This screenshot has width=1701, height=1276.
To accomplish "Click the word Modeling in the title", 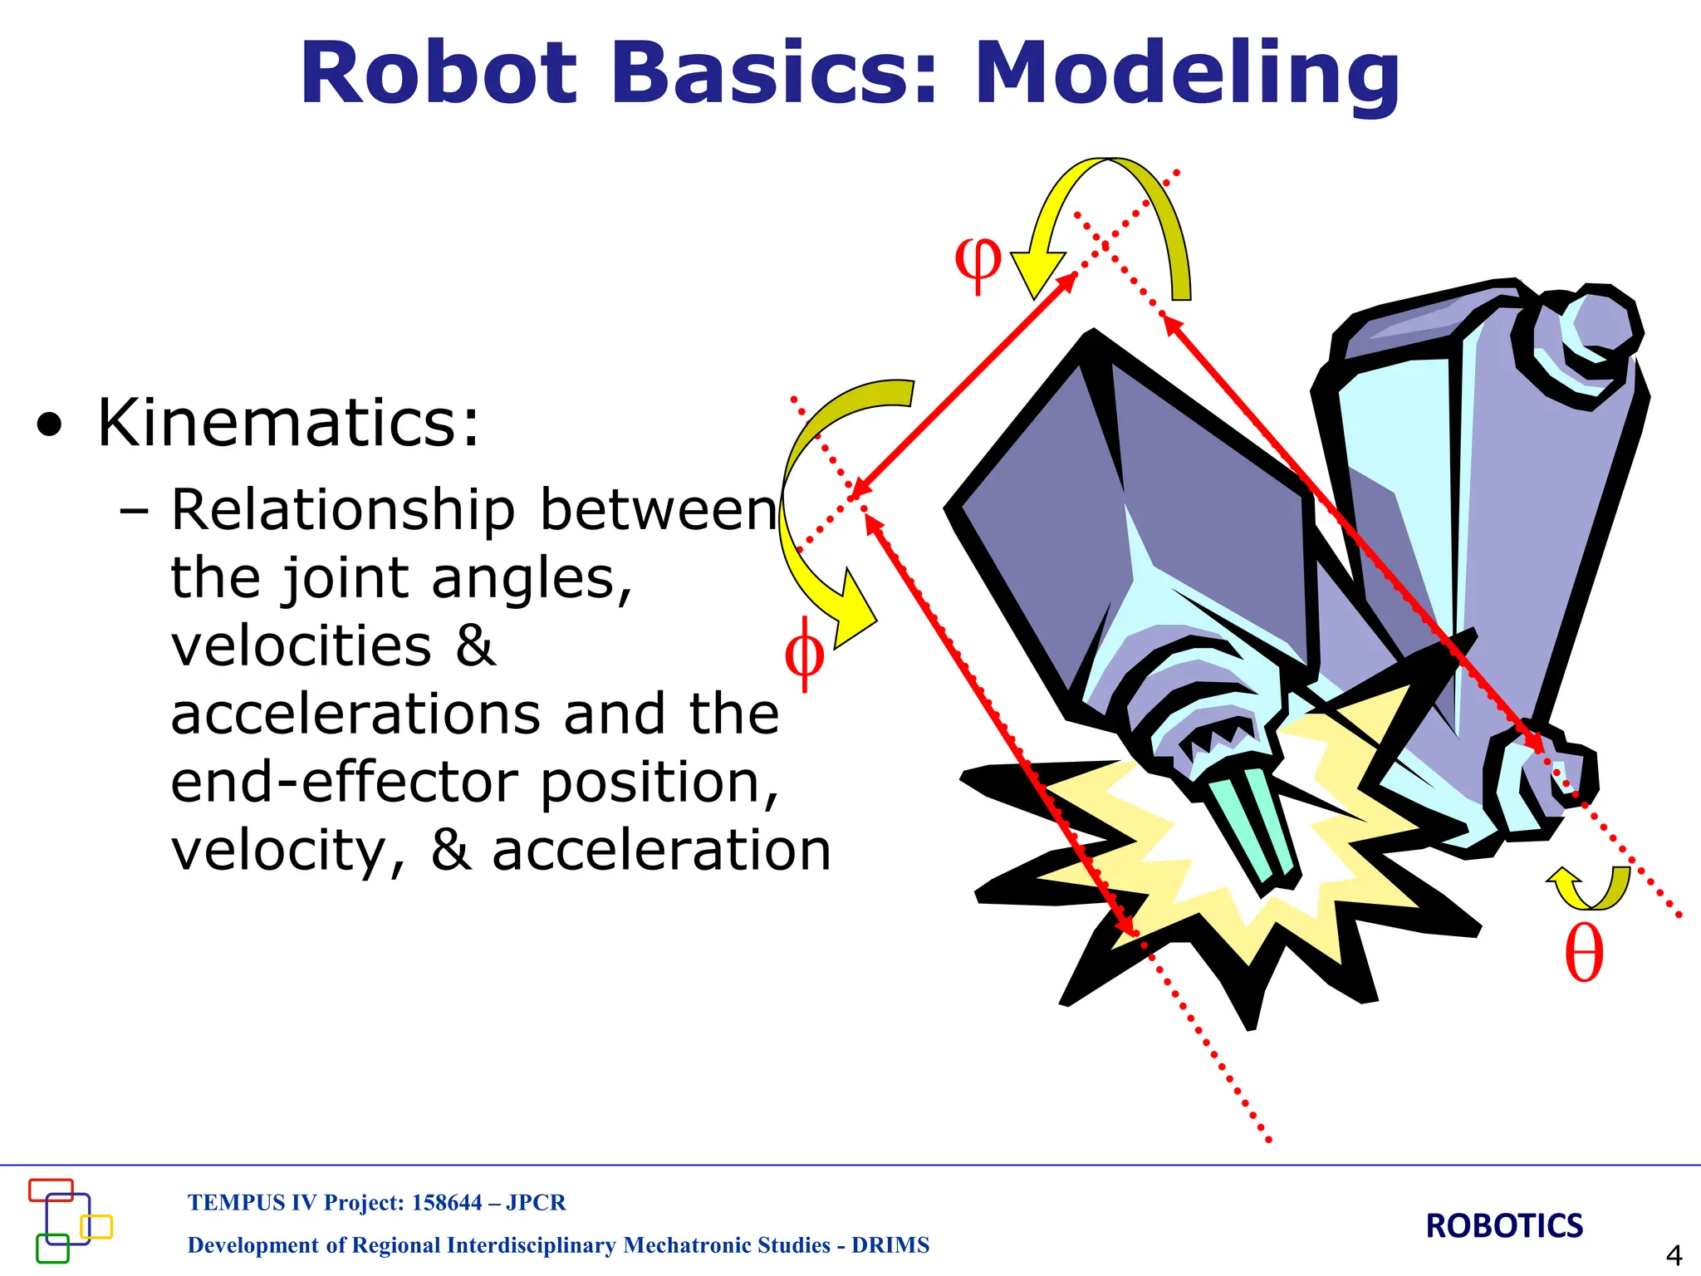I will click(x=1188, y=75).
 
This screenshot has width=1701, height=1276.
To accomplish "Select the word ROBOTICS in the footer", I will click(x=1504, y=1226).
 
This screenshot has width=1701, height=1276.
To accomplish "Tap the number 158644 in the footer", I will click(x=447, y=1203).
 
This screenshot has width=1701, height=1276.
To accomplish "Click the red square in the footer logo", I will click(x=51, y=1190).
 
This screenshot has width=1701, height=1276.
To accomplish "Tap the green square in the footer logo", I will click(x=52, y=1249).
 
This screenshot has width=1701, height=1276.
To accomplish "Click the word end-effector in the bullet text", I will click(x=344, y=783).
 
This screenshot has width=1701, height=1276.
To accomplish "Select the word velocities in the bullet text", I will click(x=301, y=646).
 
